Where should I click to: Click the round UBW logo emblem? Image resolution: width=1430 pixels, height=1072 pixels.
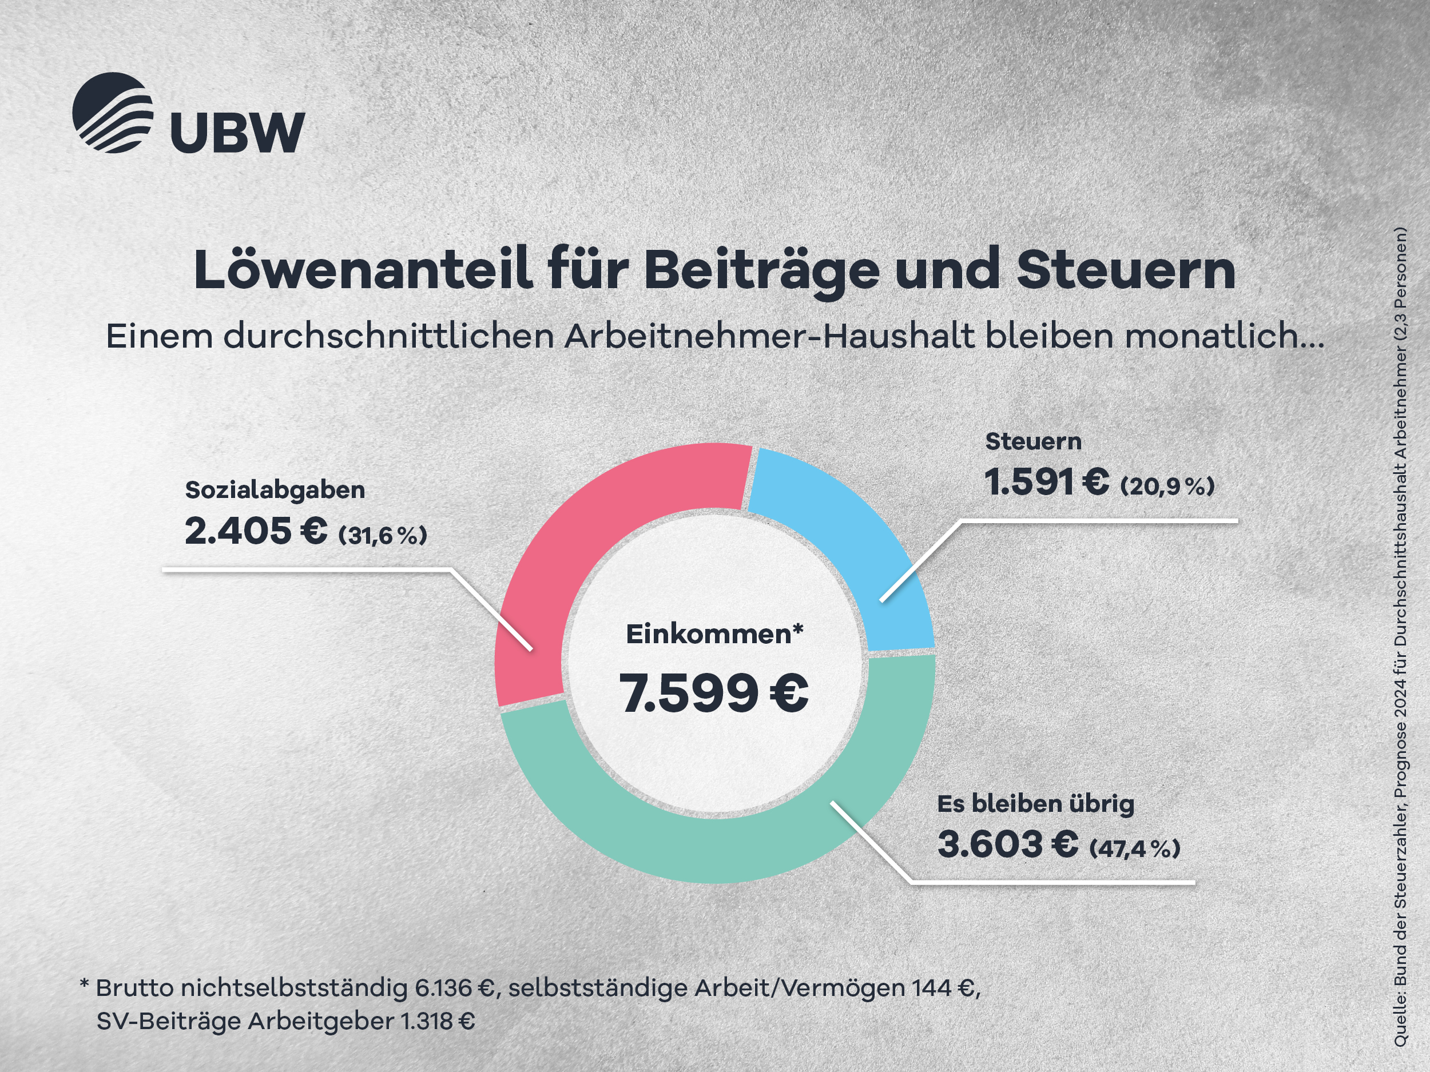(113, 113)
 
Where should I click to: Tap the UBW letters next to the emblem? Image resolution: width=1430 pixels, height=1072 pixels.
(237, 132)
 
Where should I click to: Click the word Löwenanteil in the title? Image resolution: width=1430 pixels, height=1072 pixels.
(362, 270)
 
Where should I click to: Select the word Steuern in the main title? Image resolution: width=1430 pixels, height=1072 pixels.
(1126, 270)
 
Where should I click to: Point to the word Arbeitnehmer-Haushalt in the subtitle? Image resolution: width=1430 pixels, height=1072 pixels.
(769, 336)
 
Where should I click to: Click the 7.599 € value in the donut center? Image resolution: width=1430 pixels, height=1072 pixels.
(714, 693)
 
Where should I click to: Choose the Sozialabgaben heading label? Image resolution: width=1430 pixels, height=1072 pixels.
(275, 490)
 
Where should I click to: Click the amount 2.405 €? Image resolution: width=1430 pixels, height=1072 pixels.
(256, 532)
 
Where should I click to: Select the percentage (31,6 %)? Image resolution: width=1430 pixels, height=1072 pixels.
(383, 535)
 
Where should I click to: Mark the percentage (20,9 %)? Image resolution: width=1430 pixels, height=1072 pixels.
(1167, 486)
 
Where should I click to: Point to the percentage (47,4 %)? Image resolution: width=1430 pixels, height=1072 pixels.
(1134, 848)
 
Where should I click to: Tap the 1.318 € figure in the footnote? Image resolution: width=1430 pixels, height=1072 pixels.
(438, 1021)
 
